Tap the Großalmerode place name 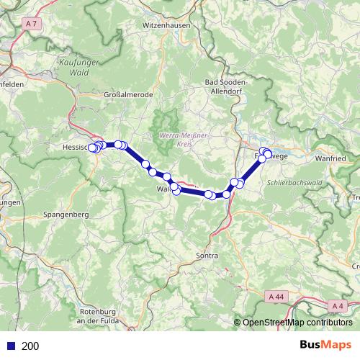126,94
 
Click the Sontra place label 207,256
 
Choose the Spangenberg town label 66,215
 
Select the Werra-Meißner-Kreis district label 179,138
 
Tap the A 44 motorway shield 276,296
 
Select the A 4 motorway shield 338,305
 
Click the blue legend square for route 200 10,346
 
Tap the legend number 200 30,346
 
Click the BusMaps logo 325,345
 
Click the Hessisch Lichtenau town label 74,147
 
